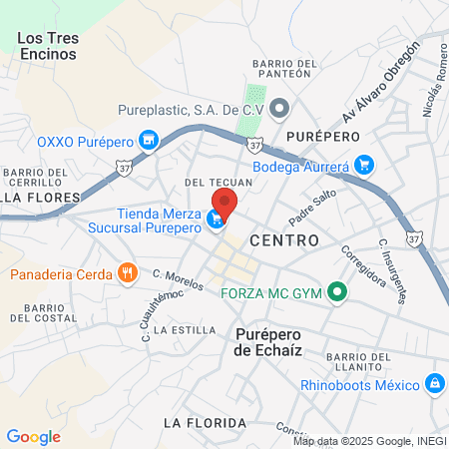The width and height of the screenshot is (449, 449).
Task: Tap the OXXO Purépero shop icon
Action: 149,141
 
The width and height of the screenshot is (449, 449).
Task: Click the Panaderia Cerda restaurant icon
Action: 126,272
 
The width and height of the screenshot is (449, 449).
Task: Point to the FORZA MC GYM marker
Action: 337,293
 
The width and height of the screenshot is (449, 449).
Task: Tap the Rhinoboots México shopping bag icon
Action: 433,383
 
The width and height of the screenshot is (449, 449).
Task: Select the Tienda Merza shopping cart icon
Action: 216,221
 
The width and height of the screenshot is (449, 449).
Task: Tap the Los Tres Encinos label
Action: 48,46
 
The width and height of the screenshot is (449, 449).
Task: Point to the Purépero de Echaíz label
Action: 274,342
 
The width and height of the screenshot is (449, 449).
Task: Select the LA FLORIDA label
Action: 202,422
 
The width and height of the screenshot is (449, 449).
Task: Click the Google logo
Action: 33,436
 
